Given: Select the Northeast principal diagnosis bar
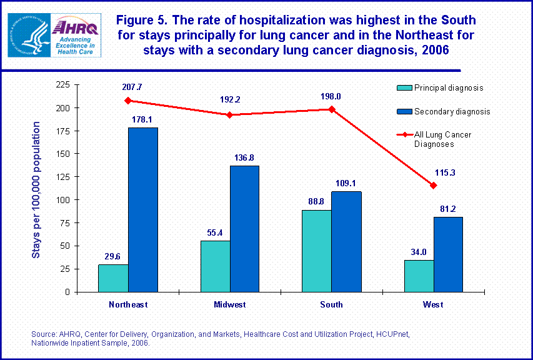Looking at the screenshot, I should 113,278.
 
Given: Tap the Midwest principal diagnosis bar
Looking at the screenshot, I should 215,266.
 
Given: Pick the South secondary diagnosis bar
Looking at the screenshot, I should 346,241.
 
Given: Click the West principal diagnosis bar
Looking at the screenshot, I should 418,276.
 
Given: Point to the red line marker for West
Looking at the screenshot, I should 433,186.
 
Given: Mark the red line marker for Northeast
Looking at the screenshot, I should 127,101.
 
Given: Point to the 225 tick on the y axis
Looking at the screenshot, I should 63,84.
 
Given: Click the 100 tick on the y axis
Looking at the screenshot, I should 63,200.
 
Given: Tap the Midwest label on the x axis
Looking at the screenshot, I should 229,304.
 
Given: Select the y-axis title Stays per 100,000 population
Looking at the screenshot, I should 37,189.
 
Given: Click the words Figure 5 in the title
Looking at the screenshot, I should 142,21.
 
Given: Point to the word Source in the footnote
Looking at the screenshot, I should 43,335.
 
